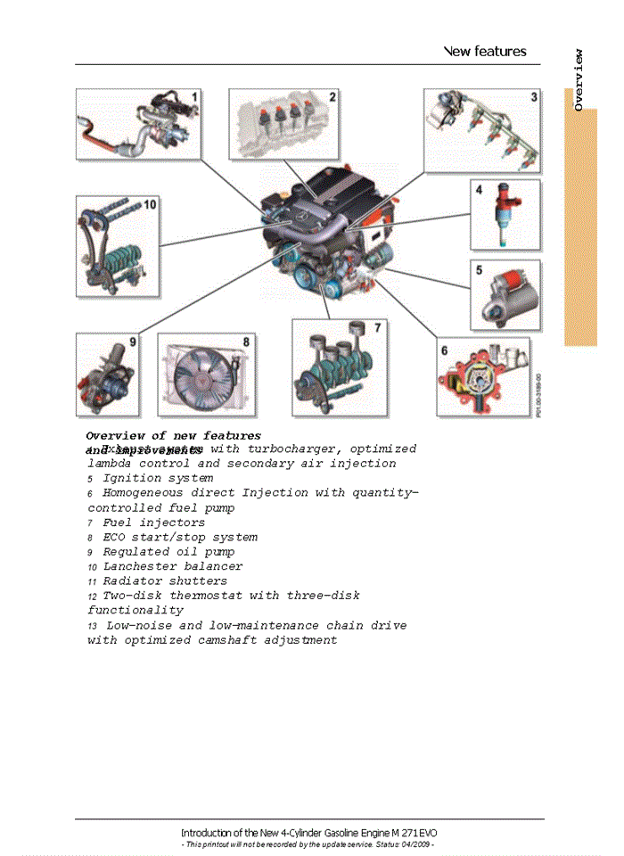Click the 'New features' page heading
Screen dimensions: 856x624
[485, 52]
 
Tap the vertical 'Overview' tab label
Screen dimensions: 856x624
[579, 80]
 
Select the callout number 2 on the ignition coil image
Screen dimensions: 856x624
[332, 97]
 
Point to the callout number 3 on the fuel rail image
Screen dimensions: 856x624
[533, 96]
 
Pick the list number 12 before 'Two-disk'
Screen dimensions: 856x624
[92, 596]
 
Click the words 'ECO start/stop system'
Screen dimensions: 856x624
[180, 537]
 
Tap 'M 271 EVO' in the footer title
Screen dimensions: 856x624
[413, 832]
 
